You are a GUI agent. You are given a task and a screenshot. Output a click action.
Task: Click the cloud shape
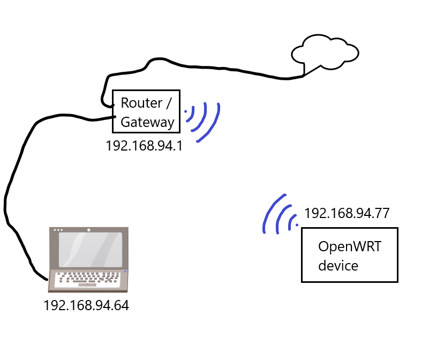(x=325, y=51)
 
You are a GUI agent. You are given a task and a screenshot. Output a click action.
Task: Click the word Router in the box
(x=141, y=103)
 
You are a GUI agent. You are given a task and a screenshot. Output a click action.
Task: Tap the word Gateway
(x=147, y=123)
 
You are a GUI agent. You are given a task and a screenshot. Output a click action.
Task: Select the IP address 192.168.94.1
(x=144, y=146)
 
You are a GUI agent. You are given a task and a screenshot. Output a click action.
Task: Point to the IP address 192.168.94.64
(x=86, y=305)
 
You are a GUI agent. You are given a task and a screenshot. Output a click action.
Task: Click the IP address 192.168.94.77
(x=347, y=213)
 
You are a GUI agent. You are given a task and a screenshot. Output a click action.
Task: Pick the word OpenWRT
(x=350, y=246)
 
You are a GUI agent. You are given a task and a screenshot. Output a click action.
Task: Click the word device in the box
(x=338, y=266)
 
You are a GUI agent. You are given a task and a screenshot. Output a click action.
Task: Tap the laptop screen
(x=91, y=250)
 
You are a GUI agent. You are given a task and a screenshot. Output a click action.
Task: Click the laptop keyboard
(x=87, y=279)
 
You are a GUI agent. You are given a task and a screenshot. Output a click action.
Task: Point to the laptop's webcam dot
(x=88, y=230)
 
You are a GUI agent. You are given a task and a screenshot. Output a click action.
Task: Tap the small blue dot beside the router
(x=185, y=111)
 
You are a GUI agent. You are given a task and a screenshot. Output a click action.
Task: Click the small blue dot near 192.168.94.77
(x=297, y=225)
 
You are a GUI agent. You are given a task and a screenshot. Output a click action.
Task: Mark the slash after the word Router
(x=169, y=103)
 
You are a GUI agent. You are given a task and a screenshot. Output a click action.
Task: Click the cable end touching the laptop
(x=47, y=280)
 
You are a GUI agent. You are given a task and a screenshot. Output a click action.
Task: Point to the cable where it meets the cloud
(x=304, y=75)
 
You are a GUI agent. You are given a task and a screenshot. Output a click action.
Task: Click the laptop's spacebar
(x=87, y=285)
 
